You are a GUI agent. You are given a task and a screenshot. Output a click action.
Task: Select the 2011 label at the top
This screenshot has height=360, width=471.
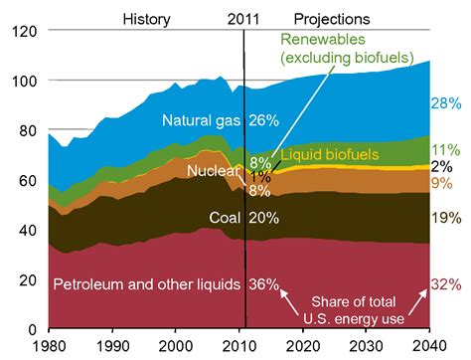[244, 18]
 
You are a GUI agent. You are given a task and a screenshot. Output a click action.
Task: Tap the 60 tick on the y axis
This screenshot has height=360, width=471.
[28, 180]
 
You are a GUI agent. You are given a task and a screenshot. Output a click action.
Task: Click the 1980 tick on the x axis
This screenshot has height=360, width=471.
[48, 345]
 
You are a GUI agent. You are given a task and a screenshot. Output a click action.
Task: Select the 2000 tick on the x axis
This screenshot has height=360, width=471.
[177, 345]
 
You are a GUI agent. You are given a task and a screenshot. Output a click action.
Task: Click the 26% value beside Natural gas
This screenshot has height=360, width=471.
[262, 121]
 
